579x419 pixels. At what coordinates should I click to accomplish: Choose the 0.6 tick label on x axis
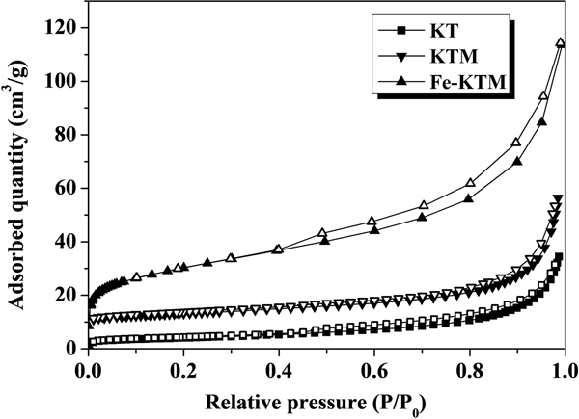tap(374, 369)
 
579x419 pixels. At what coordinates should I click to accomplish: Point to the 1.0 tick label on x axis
tap(565, 369)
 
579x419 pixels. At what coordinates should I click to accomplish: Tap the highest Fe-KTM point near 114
tap(560, 43)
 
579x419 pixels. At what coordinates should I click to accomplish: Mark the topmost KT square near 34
tap(560, 257)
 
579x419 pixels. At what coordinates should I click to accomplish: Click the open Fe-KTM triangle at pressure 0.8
tap(471, 183)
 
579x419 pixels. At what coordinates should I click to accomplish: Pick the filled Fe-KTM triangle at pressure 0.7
tap(422, 217)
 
